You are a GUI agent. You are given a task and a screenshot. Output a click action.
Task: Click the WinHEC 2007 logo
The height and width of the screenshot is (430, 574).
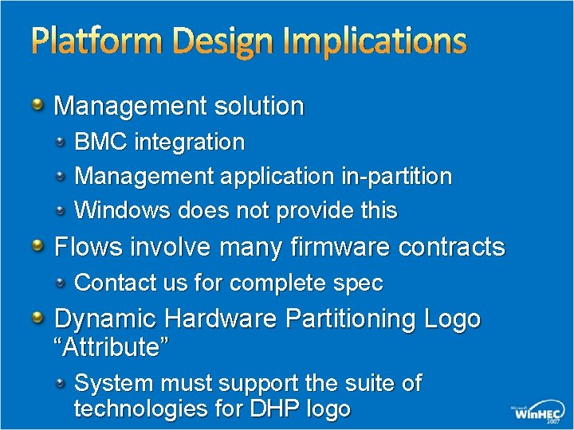539,412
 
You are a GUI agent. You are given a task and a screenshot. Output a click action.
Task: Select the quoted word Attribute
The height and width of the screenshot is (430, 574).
112,347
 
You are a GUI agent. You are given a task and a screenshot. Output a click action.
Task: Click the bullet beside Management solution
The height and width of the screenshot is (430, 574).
39,105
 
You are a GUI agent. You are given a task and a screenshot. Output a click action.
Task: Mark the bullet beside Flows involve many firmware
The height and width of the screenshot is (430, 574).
39,246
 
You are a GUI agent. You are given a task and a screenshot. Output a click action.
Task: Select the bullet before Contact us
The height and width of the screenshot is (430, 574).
61,282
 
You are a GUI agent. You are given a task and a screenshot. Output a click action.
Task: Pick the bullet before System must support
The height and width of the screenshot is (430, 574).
61,383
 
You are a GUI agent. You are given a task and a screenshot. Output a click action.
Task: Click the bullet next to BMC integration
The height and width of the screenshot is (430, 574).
61,142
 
